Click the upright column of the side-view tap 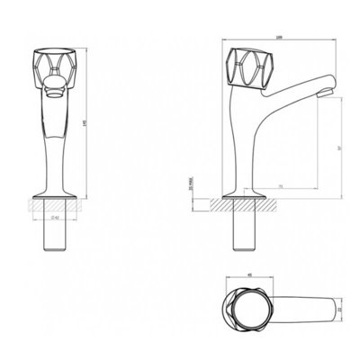[x=242, y=144]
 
